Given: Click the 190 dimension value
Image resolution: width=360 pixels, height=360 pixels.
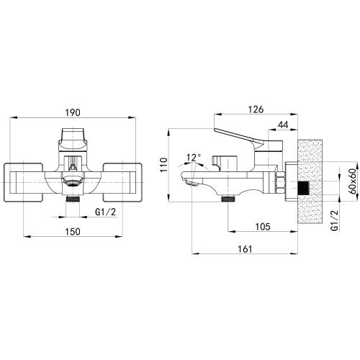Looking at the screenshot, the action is coord(73,112).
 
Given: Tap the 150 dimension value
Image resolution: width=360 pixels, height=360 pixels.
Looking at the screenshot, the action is coord(73,232).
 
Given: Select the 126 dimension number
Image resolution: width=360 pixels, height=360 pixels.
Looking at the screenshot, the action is coord(256,109).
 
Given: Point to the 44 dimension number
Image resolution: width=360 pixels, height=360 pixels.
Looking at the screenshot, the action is coord(283,125).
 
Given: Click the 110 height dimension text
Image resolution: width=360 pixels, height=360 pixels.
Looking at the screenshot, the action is coord(163,165).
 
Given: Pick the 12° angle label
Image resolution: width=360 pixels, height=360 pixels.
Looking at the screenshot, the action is coord(194,158).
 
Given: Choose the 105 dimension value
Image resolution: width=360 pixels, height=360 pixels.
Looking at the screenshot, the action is coord(263,227).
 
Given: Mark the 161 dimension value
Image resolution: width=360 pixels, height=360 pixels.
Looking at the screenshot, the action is coord(245,249).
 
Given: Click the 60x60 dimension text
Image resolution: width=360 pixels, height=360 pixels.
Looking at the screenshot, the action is coord(352,181).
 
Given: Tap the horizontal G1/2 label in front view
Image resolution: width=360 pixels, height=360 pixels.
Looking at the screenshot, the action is coord(105,212).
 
